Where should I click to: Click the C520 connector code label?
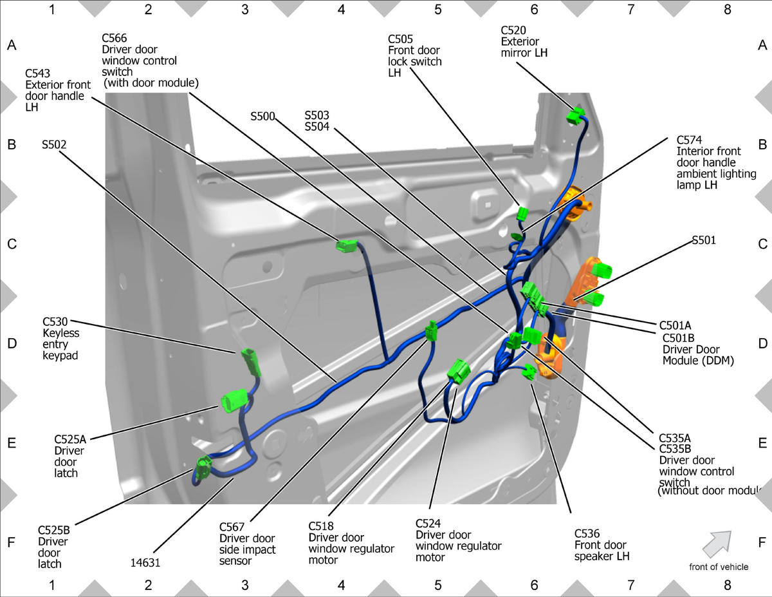(513, 30)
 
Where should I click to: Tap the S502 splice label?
(54, 144)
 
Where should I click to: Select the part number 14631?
(145, 562)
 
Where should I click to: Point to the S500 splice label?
(262, 117)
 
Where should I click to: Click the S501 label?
(704, 240)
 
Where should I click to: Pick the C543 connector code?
(38, 73)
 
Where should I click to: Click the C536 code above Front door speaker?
(587, 533)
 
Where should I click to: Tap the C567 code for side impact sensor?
(232, 527)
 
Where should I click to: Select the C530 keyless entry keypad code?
(55, 321)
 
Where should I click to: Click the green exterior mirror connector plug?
(575, 116)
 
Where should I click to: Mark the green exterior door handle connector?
(346, 246)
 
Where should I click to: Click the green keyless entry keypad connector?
(251, 362)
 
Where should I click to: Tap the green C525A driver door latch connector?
(234, 401)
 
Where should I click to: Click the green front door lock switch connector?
(522, 214)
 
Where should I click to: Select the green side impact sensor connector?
(431, 330)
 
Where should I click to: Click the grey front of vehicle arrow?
(717, 544)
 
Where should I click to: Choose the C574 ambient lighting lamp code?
(689, 140)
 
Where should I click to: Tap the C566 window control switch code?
(115, 38)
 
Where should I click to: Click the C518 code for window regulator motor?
(321, 526)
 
